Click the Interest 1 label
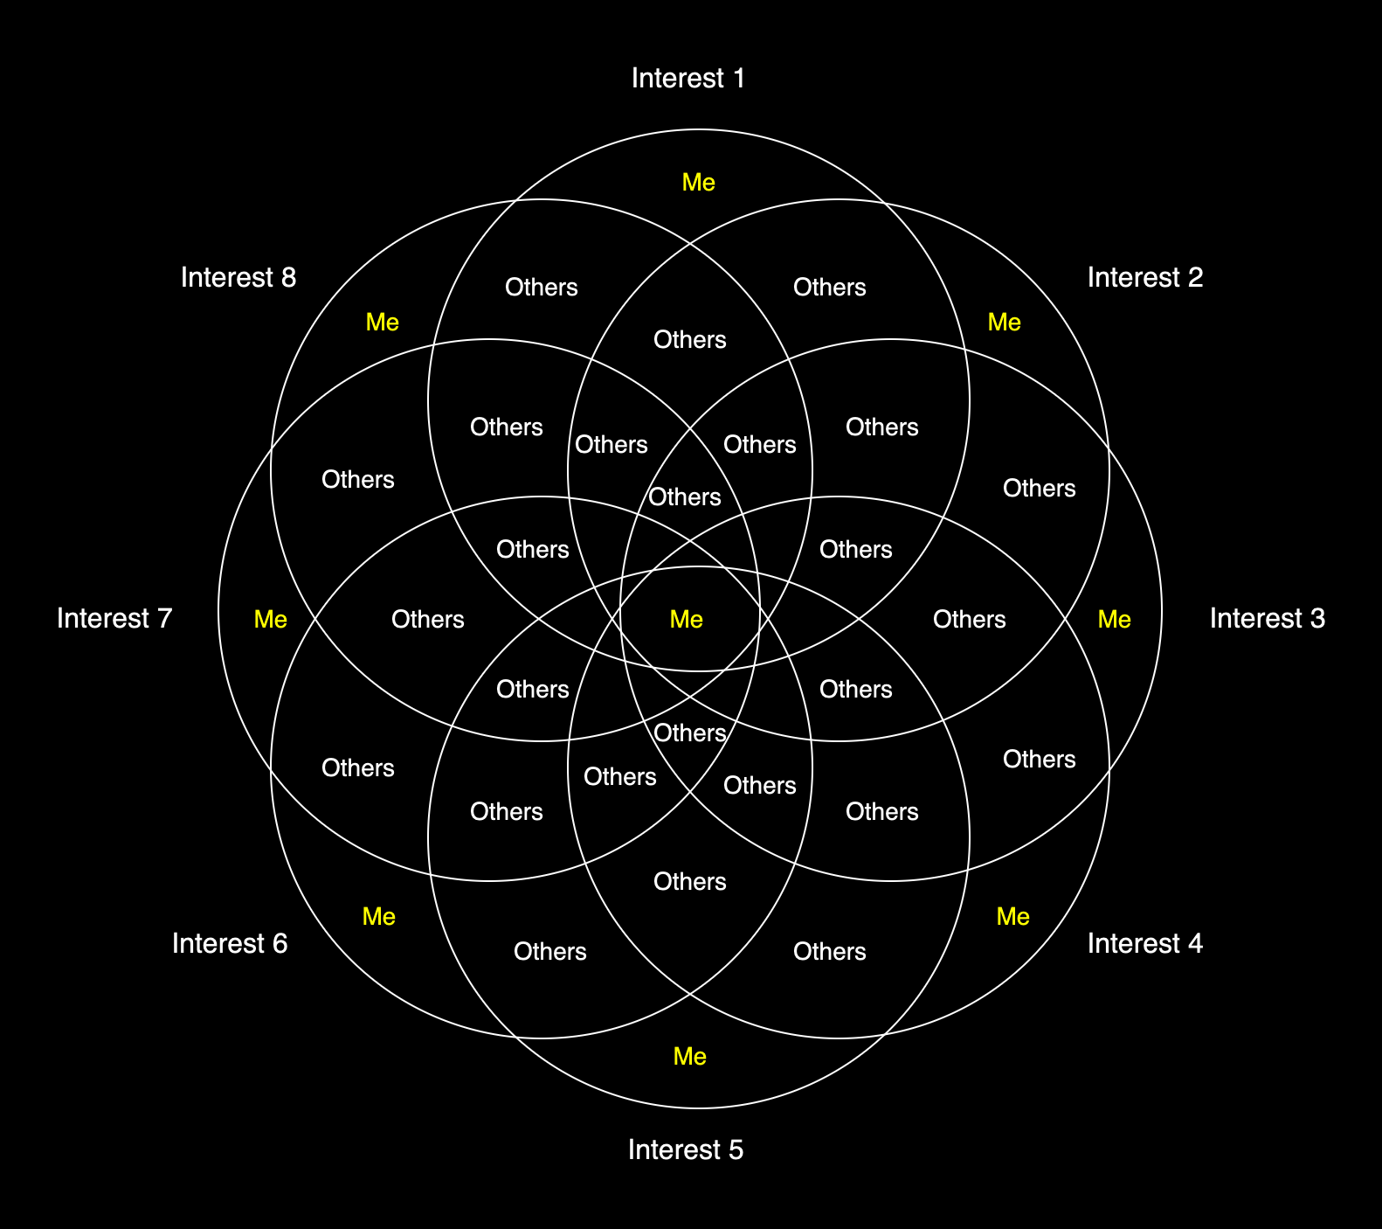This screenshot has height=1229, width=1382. pyautogui.click(x=688, y=79)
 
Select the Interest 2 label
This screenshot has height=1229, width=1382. pyautogui.click(x=1144, y=278)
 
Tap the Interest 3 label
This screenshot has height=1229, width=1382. pyautogui.click(x=1267, y=619)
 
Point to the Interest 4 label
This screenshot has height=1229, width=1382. pyautogui.click(x=1144, y=944)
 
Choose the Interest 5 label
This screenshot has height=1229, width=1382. pyautogui.click(x=685, y=1150)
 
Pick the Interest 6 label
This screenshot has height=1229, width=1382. pyautogui.click(x=229, y=944)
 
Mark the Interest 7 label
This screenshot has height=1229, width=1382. pyautogui.click(x=114, y=619)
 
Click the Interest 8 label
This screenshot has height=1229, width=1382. pyautogui.click(x=238, y=278)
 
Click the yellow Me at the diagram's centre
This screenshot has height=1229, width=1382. pyautogui.click(x=686, y=620)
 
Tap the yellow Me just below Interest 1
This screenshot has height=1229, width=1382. pyautogui.click(x=698, y=183)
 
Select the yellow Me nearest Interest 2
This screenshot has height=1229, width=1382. pyautogui.click(x=1004, y=323)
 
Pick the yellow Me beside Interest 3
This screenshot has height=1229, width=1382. pyautogui.click(x=1114, y=620)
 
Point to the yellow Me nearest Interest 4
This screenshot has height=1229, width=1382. pyautogui.click(x=1012, y=917)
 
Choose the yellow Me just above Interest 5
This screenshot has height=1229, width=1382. pyautogui.click(x=689, y=1057)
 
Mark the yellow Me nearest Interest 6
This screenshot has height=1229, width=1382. pyautogui.click(x=378, y=917)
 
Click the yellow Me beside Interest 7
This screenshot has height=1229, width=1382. pyautogui.click(x=270, y=620)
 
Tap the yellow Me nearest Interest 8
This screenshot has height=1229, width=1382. pyautogui.click(x=382, y=323)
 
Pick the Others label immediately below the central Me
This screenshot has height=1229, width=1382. pyautogui.click(x=689, y=733)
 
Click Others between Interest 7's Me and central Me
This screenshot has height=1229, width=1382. pyautogui.click(x=427, y=620)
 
